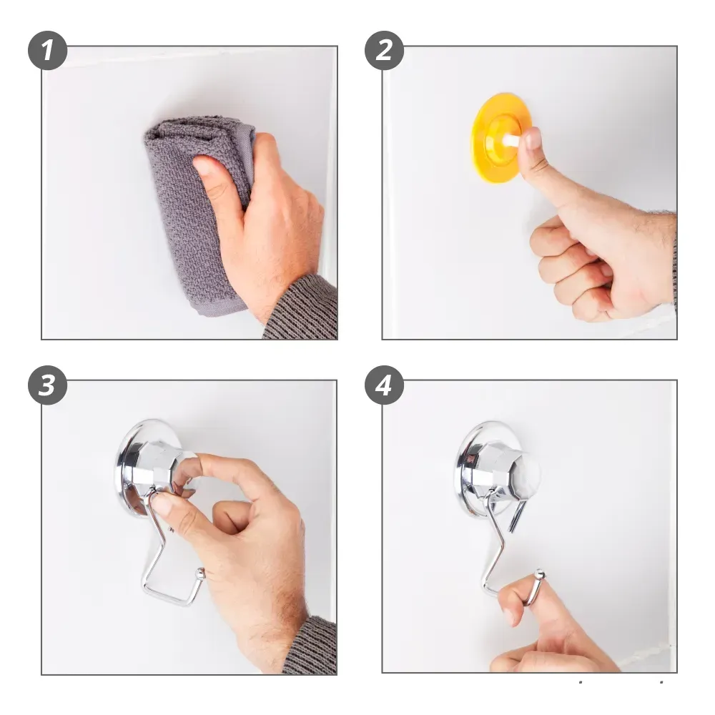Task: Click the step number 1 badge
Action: point(47,50)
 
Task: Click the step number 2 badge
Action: point(384,50)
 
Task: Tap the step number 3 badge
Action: point(47,385)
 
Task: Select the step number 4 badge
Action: point(384,385)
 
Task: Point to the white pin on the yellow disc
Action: point(513,142)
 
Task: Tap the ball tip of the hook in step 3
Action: point(199,572)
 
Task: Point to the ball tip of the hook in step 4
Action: point(539,574)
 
